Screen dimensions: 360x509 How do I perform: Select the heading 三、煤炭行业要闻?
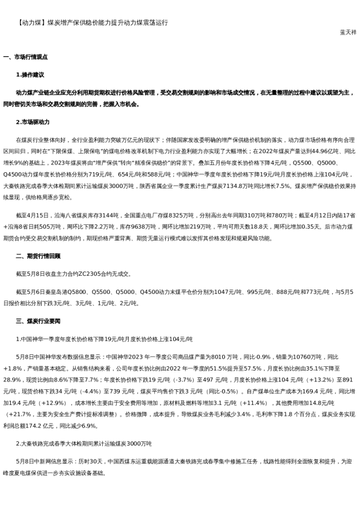pyautogui.click(x=39, y=321)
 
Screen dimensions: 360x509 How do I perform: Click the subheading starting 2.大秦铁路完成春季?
pyautogui.click(x=83, y=444)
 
